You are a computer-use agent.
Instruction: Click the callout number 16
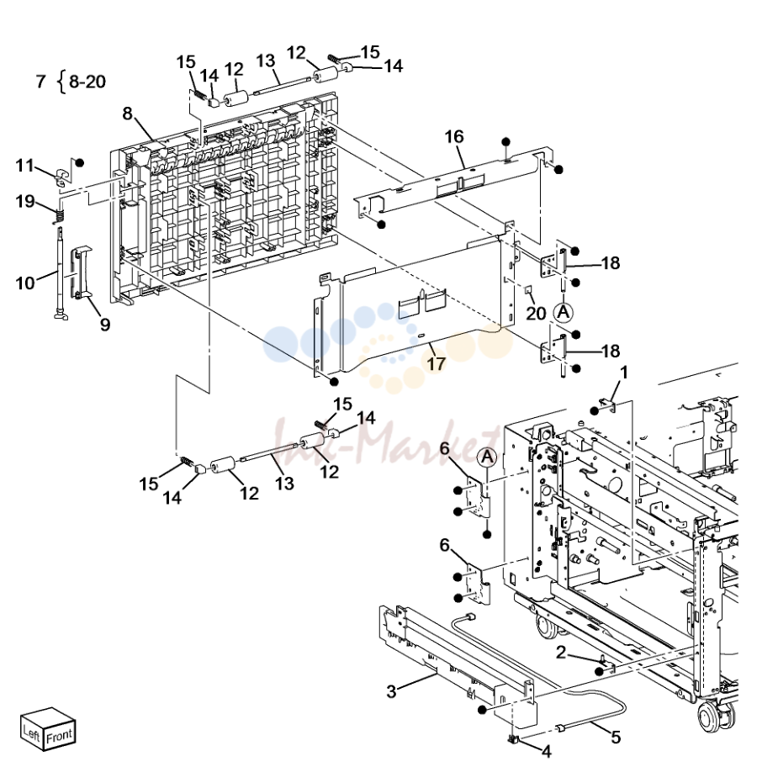tap(454, 136)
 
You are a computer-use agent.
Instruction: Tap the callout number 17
tap(437, 363)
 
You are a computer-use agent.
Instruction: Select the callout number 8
tap(128, 114)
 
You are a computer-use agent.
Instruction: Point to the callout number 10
tap(25, 283)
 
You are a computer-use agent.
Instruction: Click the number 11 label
tap(24, 165)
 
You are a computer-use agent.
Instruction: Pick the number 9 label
tap(104, 325)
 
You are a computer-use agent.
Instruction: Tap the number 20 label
tap(536, 313)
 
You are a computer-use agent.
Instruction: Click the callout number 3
tap(391, 691)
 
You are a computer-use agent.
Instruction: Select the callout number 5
tap(616, 738)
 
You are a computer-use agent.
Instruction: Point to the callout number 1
tap(624, 372)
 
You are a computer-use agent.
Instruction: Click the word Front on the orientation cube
tap(59, 736)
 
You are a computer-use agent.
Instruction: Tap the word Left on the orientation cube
tap(31, 732)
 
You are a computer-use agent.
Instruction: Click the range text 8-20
tap(87, 81)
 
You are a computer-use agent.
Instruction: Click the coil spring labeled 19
tap(60, 216)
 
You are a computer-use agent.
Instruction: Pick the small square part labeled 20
tap(528, 289)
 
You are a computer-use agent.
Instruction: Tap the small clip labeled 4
tap(512, 740)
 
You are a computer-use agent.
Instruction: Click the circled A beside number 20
tap(564, 313)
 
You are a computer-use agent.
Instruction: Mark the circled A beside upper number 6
tap(487, 457)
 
